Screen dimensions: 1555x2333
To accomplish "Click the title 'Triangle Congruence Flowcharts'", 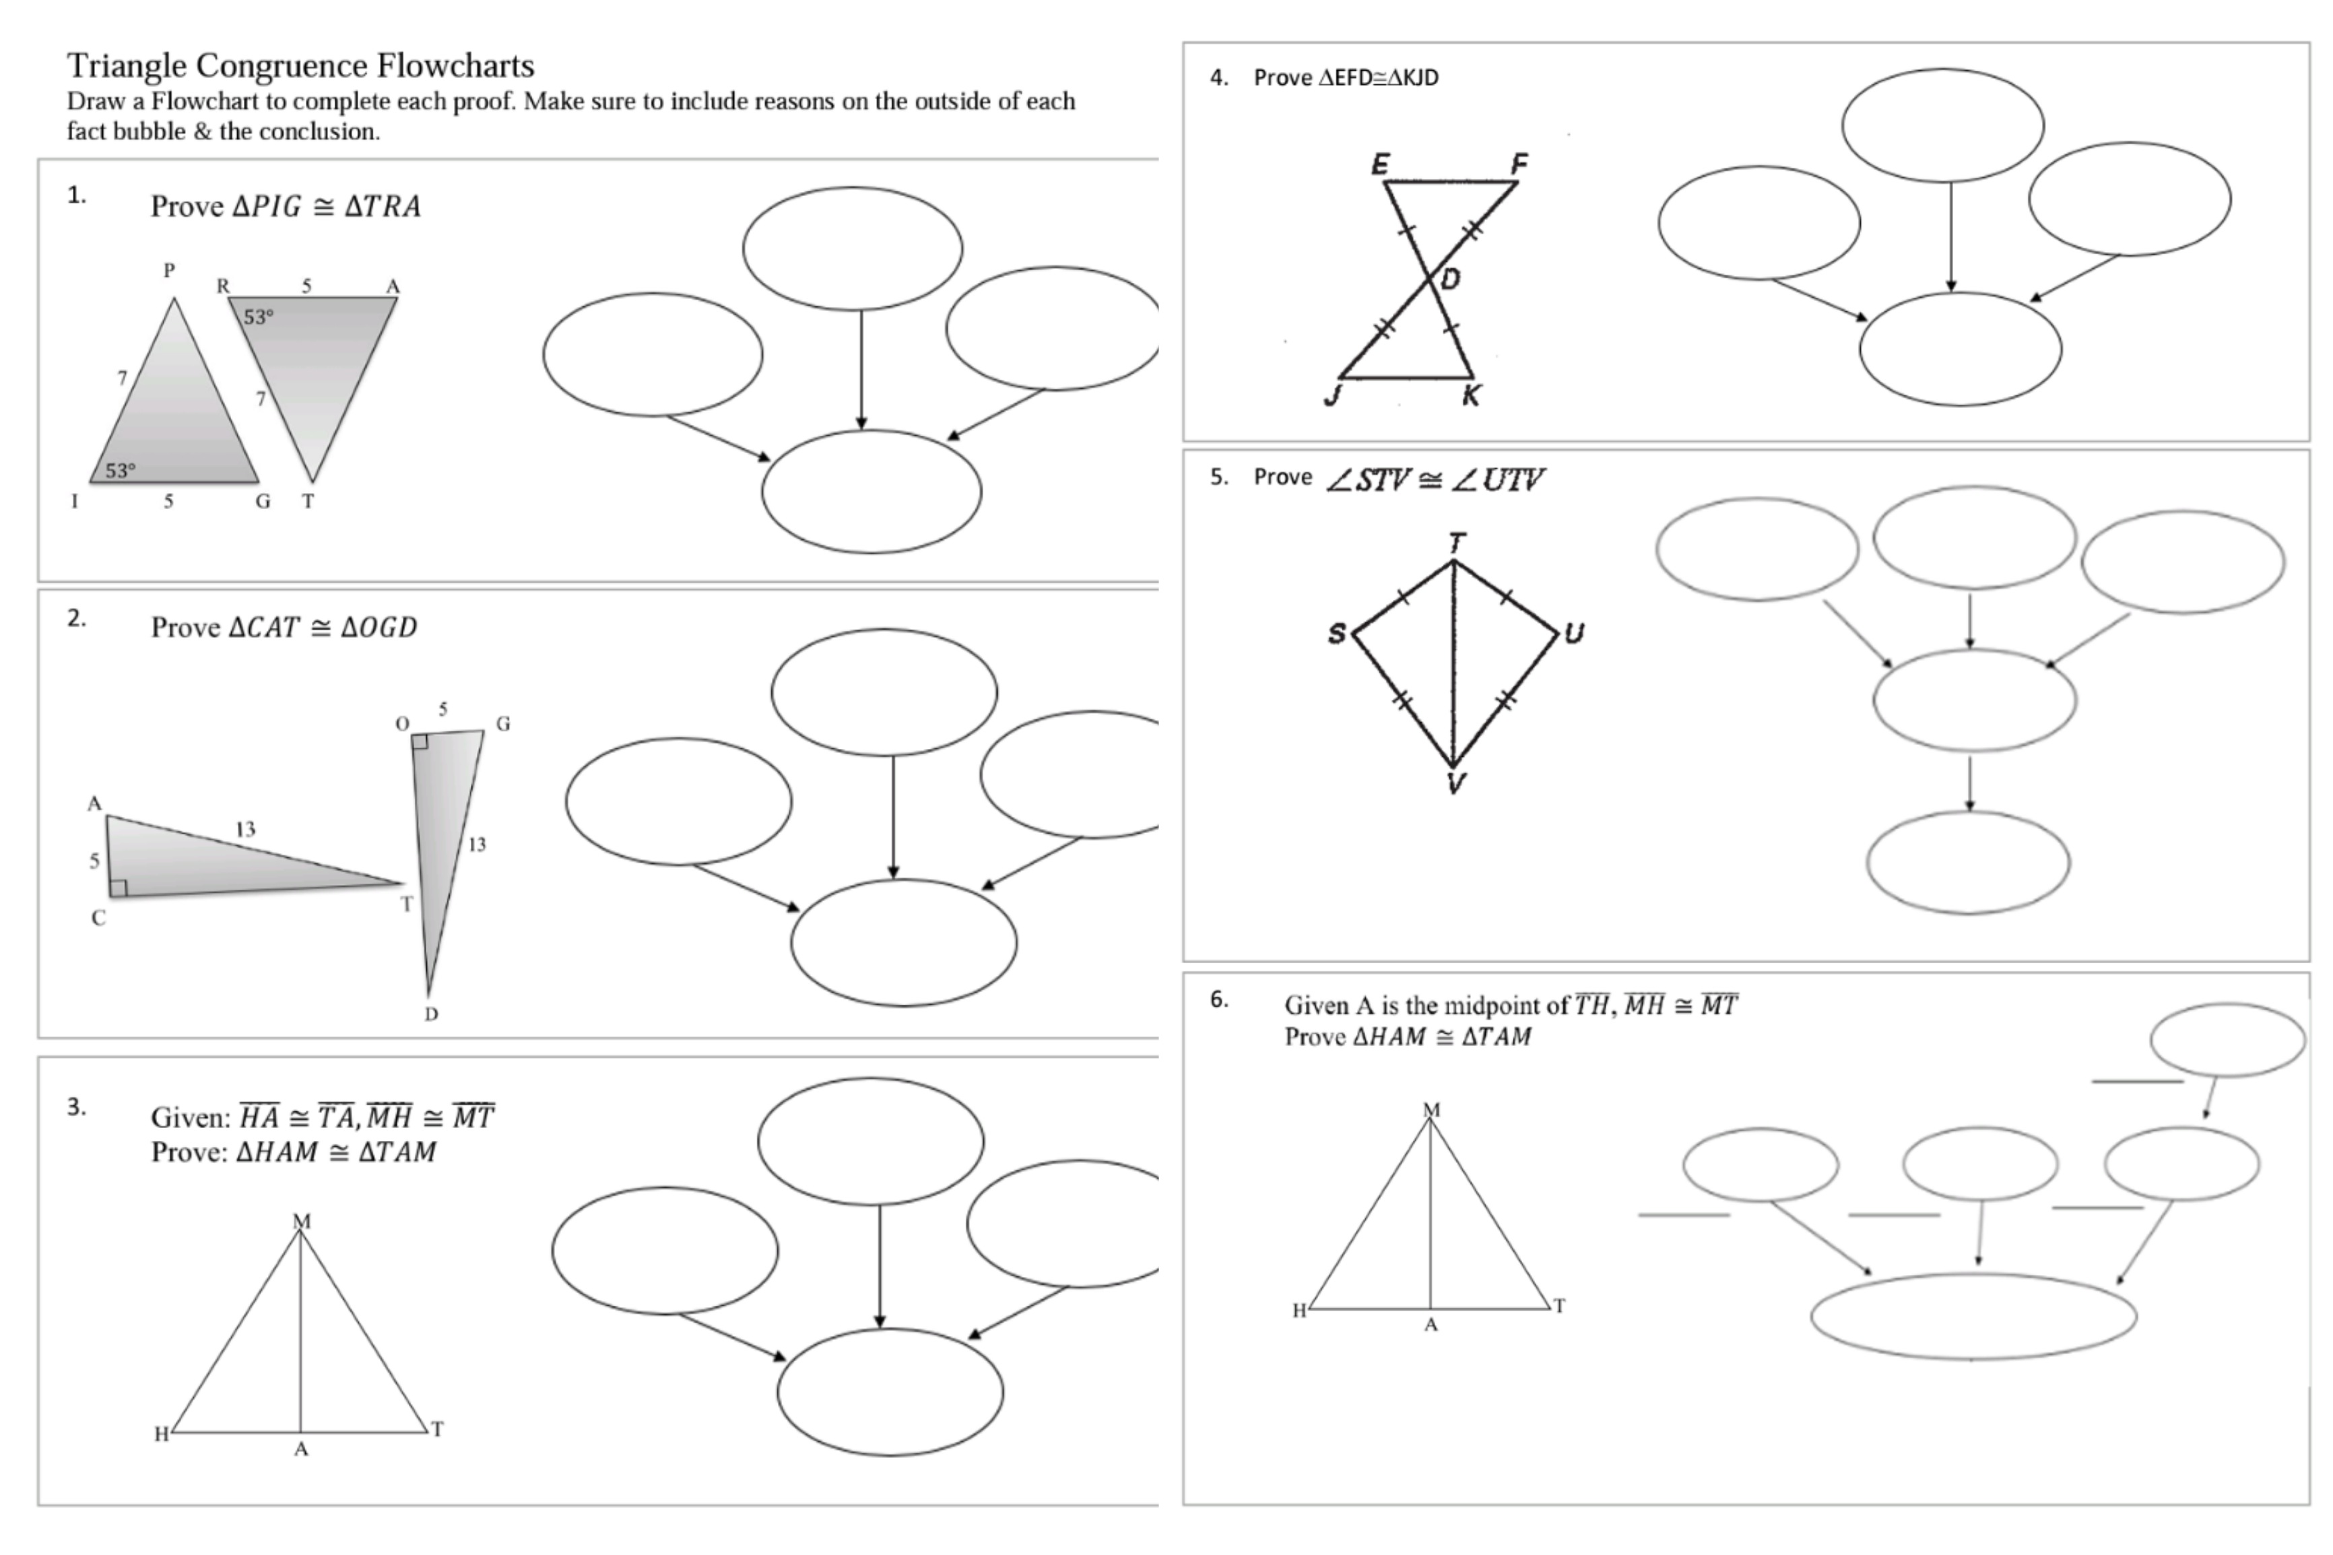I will point(300,65).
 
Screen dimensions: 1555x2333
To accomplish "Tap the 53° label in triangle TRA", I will point(258,317).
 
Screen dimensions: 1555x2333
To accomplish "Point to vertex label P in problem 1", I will point(170,270).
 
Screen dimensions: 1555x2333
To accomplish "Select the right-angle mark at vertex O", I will point(420,741).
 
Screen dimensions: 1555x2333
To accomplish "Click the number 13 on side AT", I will point(245,829).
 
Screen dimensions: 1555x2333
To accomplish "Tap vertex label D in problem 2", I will point(430,1014).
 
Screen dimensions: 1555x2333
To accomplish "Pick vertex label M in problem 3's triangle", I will point(302,1221).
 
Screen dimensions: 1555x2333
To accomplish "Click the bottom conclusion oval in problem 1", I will point(871,492).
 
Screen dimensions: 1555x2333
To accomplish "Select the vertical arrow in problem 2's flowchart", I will point(893,815).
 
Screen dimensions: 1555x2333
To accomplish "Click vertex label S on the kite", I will point(1336,634).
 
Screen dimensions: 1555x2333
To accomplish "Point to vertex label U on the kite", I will point(1573,633).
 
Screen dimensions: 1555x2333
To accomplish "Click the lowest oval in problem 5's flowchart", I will point(1968,862).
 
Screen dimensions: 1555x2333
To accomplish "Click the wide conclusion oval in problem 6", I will point(1973,1316).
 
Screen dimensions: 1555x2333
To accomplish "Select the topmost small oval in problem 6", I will point(2227,1039).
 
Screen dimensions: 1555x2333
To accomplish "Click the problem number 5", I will point(1218,477).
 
